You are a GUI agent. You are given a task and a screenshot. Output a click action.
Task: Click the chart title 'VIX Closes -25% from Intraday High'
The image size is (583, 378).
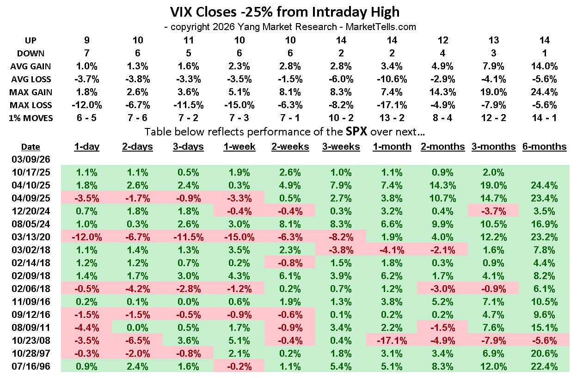click(x=284, y=12)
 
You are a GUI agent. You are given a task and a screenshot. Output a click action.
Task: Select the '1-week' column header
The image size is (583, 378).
click(x=238, y=146)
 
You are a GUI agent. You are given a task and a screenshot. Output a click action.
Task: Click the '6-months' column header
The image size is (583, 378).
click(x=544, y=146)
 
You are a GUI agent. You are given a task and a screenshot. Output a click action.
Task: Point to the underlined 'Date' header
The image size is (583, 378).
click(x=31, y=147)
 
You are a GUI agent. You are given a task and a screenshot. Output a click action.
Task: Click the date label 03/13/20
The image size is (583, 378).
click(x=31, y=238)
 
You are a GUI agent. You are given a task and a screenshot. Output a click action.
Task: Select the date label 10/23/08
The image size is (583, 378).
click(x=31, y=341)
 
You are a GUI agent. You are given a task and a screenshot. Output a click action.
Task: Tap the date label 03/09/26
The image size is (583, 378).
click(x=31, y=159)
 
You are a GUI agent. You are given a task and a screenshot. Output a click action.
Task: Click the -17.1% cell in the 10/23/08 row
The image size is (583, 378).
click(x=391, y=341)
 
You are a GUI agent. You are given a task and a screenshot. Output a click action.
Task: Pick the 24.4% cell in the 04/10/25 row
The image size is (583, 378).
click(x=544, y=185)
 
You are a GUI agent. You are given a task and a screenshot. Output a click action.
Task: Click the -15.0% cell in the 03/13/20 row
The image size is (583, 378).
click(x=238, y=238)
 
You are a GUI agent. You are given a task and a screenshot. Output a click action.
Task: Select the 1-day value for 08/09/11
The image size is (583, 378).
click(x=86, y=328)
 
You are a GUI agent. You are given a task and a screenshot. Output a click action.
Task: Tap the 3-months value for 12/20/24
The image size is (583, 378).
click(x=493, y=211)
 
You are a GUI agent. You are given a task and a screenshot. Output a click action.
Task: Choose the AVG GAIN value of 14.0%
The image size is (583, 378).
click(x=544, y=66)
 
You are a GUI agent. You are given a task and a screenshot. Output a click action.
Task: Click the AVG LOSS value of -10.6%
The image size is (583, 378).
click(x=391, y=79)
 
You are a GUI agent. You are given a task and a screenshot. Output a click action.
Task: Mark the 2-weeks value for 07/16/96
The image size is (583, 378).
click(x=289, y=367)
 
